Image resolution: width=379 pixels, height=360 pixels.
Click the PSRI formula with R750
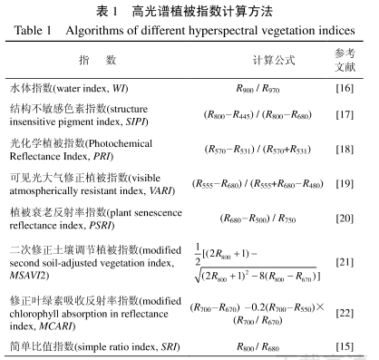click(x=256, y=218)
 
